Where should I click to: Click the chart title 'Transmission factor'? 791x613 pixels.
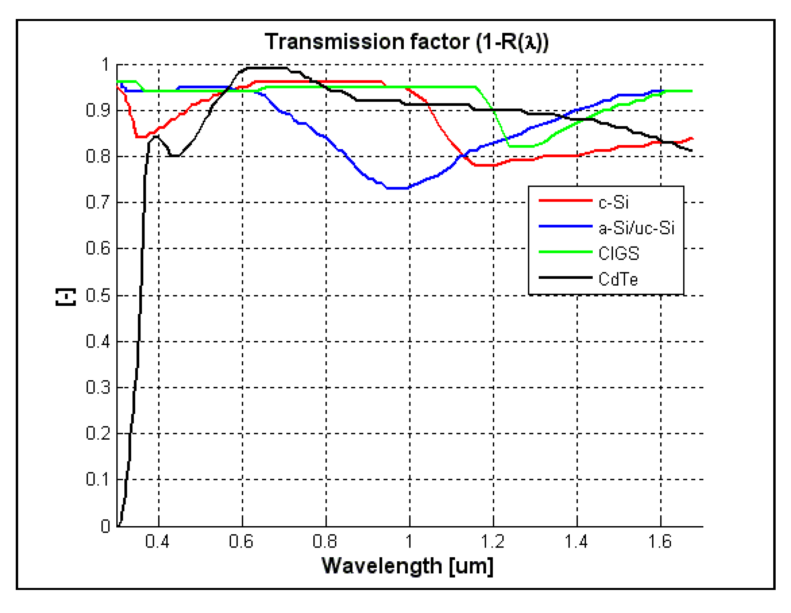tap(406, 42)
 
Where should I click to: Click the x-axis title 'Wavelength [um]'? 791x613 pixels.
tap(407, 566)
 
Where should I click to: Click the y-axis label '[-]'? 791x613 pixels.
tap(65, 297)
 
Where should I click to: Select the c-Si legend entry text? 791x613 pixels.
tap(613, 202)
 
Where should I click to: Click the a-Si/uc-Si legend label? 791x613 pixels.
tap(636, 228)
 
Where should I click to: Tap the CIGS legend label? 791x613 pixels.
tap(619, 254)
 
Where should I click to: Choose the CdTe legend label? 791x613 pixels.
tap(618, 279)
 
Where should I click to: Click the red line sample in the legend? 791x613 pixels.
tap(565, 200)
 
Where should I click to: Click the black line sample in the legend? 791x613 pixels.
tap(565, 278)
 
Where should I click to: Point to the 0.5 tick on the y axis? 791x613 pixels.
tap(98, 296)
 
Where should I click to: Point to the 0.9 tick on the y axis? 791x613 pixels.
tap(98, 110)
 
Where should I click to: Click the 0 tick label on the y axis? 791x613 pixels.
tap(105, 526)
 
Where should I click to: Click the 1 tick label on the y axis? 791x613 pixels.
tap(105, 65)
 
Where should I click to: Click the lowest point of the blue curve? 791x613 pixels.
tap(398, 188)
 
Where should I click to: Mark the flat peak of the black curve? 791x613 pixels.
tap(266, 68)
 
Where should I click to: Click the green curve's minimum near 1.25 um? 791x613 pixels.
tap(521, 146)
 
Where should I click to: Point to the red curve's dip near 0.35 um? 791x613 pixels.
tap(141, 137)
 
